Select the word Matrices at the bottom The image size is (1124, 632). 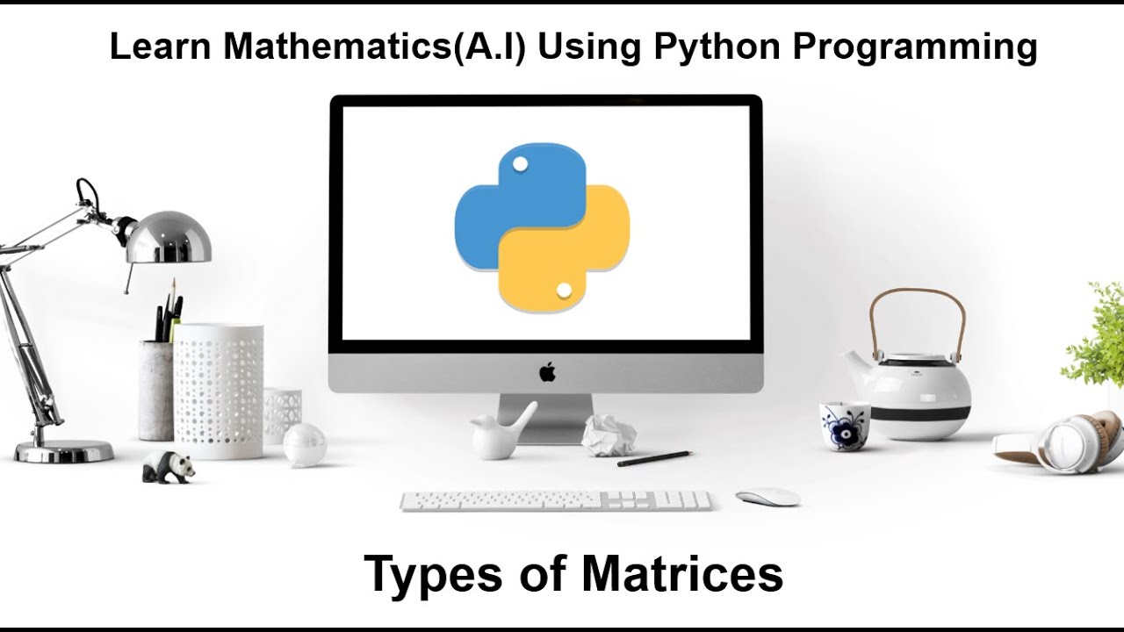(x=681, y=574)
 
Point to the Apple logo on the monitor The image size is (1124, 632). (x=547, y=372)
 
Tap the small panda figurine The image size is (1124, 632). (x=168, y=466)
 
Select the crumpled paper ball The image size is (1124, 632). (x=609, y=434)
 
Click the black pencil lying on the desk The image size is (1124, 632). (x=653, y=458)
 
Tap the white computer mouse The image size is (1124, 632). (x=767, y=497)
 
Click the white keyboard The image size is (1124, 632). (x=556, y=500)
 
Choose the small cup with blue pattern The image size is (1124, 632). (x=845, y=426)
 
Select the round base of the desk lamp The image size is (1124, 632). (x=63, y=451)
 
